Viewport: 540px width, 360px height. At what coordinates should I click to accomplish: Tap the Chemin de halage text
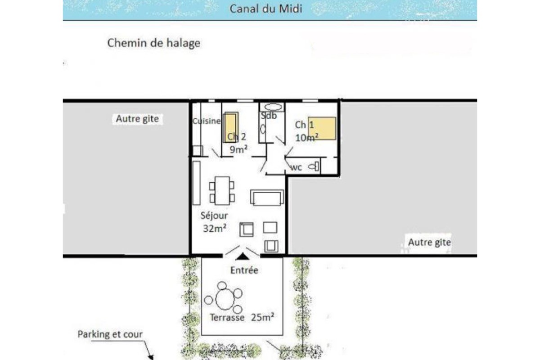(x=153, y=43)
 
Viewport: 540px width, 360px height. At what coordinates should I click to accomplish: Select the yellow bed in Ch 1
(x=322, y=128)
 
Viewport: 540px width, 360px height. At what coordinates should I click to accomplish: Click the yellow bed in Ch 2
(x=231, y=127)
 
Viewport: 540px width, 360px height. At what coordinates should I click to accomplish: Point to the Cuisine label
(x=207, y=121)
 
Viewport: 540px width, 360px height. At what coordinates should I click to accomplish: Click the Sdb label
(x=269, y=116)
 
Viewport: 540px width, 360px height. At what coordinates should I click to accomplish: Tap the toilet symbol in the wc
(x=314, y=167)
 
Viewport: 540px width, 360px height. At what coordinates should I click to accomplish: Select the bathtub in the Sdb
(x=273, y=107)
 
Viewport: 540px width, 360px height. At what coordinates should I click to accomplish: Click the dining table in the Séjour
(x=222, y=191)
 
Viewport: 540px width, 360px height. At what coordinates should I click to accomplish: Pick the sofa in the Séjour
(x=267, y=197)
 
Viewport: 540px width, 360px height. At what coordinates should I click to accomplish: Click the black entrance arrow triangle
(x=243, y=256)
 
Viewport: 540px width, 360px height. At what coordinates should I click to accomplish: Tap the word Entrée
(x=244, y=270)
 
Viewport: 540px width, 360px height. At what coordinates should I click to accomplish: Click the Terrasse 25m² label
(x=243, y=318)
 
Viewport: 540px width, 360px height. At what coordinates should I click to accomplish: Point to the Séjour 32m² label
(x=214, y=222)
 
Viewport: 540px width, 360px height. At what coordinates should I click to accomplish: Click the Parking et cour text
(x=110, y=334)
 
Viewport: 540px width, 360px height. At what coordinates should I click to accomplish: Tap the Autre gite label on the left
(x=137, y=119)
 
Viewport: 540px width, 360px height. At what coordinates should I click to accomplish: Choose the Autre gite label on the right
(x=429, y=242)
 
